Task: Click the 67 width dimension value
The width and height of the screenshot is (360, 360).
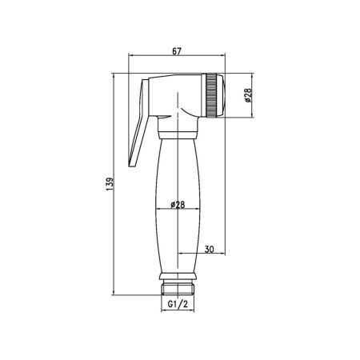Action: [x=178, y=52]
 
